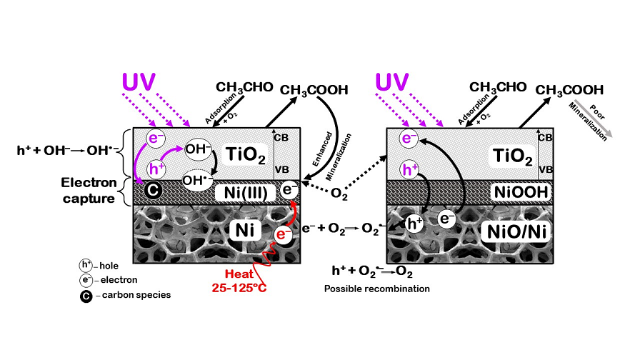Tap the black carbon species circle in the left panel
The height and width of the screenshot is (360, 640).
click(151, 191)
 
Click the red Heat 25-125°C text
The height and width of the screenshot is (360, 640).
click(241, 281)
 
